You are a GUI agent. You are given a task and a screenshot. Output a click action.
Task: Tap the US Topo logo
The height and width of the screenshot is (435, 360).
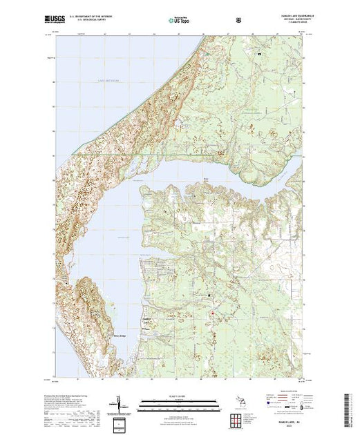[179, 19]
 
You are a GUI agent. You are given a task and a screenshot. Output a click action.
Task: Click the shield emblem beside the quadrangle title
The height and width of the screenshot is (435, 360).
[239, 19]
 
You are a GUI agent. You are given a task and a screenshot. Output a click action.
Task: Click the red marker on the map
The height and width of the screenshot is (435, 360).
[212, 316]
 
